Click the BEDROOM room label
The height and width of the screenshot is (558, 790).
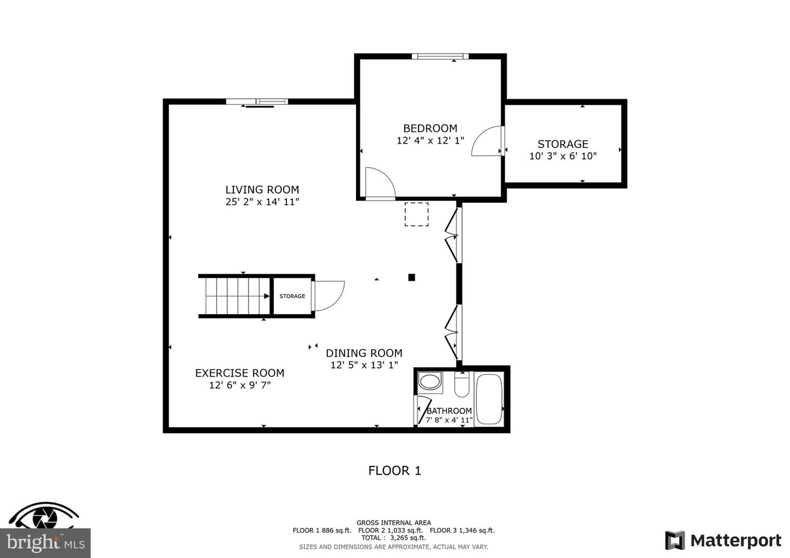[430, 128]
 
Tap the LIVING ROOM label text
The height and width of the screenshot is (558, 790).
[262, 190]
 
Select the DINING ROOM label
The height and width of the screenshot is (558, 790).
[364, 353]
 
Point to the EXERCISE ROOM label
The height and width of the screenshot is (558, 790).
[240, 373]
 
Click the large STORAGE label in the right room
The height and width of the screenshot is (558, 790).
[562, 144]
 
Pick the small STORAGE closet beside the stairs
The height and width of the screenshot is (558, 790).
[292, 296]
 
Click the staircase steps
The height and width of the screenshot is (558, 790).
[234, 296]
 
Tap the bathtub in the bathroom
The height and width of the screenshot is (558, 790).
[489, 398]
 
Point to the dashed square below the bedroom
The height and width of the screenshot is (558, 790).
[416, 214]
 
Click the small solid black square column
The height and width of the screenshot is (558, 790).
[411, 277]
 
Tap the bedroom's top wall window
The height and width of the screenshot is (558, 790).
[440, 56]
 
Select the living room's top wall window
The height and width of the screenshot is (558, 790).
[257, 101]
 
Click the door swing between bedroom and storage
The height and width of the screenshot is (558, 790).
[487, 142]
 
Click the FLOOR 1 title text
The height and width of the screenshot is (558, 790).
[394, 470]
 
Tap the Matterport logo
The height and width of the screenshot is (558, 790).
[723, 540]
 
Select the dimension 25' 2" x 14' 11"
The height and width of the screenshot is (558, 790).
[262, 202]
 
